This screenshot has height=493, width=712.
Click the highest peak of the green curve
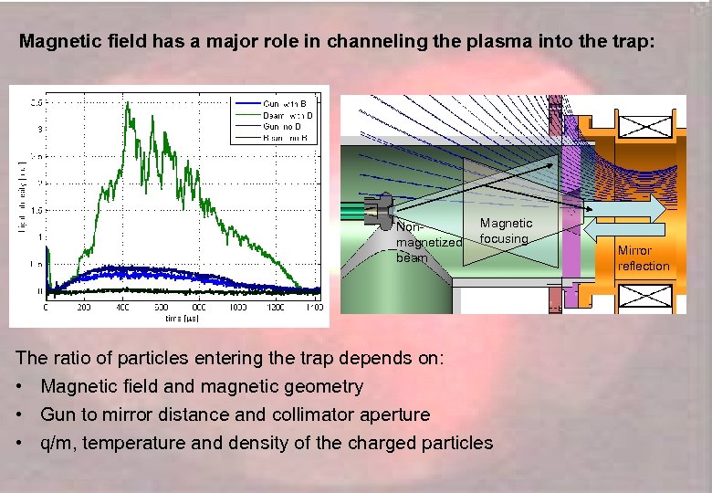(128, 103)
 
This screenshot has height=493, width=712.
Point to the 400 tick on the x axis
(122, 308)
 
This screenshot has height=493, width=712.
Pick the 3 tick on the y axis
(38, 129)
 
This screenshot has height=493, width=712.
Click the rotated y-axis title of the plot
(21, 196)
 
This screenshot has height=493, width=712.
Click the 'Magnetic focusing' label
(506, 231)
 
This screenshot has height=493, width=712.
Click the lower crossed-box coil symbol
(645, 298)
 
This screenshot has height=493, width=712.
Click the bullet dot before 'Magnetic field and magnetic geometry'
(20, 387)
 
